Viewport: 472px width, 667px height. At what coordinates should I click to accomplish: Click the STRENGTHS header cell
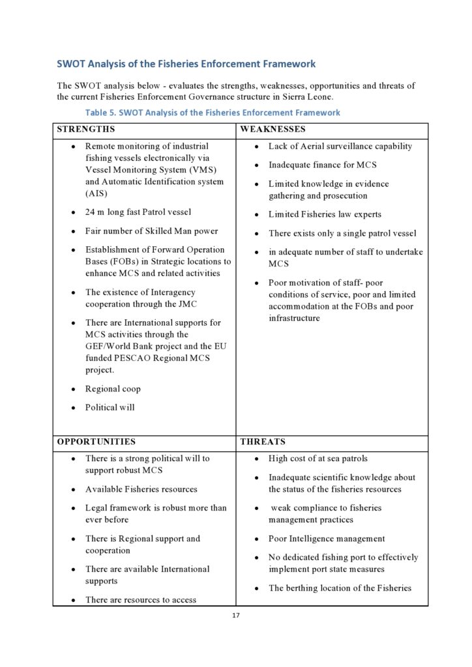point(86,130)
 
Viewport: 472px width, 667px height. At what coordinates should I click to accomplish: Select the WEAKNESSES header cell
point(273,130)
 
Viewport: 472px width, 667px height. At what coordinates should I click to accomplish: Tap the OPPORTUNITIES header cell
point(96,442)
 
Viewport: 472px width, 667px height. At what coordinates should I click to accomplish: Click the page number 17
point(236,616)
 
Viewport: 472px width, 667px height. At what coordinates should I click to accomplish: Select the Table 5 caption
point(213,112)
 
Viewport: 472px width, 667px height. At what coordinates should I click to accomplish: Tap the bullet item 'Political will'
point(110,408)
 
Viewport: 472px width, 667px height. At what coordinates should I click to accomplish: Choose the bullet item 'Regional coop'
point(113,389)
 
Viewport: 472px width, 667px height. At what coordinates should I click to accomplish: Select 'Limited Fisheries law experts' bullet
point(325,214)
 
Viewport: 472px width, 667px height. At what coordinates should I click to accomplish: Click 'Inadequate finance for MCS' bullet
point(322,165)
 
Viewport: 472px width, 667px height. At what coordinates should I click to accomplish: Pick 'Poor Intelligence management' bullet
point(327,539)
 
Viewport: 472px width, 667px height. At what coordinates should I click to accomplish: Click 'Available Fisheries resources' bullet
point(141,489)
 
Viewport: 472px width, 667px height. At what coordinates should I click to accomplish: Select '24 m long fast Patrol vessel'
point(138,212)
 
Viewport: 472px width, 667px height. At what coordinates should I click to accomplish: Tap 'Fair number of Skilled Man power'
point(151,231)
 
